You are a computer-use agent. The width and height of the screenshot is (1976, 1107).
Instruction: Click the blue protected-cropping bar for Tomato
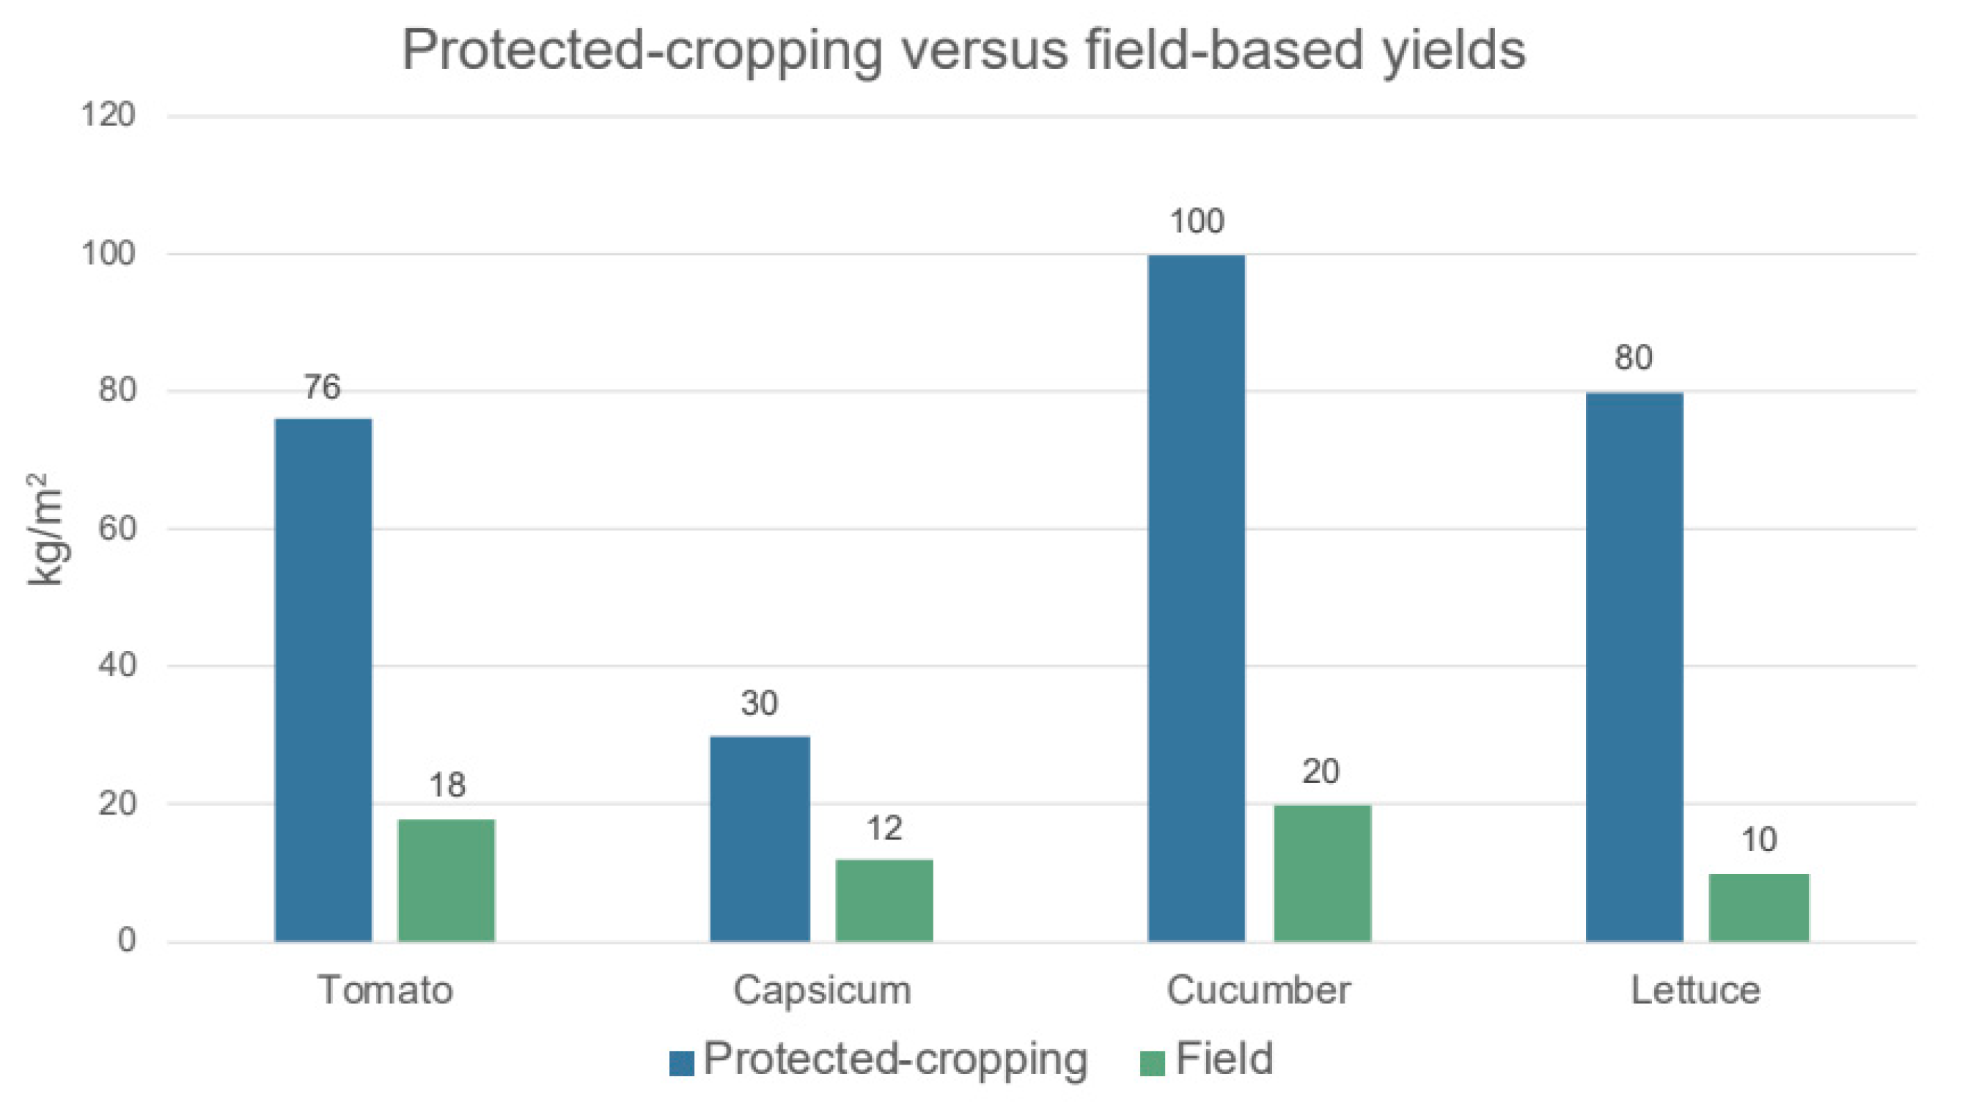coord(323,680)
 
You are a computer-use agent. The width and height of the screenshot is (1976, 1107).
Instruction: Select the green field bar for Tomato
coord(447,880)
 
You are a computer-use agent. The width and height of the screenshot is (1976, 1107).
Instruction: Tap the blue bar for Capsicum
coord(760,839)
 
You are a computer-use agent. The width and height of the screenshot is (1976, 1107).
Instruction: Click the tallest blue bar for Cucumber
coord(1196,597)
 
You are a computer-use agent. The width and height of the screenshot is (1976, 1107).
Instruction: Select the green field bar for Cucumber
coord(1322,873)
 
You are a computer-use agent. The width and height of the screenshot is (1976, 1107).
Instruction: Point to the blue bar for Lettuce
coord(1634,666)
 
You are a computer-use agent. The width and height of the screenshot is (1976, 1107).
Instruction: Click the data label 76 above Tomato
coord(322,387)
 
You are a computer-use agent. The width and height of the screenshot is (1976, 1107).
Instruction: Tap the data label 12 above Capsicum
coord(884,828)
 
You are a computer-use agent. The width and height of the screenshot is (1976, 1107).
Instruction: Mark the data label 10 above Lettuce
coord(1758,840)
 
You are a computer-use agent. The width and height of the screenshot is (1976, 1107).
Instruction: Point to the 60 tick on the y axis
coord(117,529)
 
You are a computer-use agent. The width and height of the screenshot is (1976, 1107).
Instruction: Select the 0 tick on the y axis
coord(127,941)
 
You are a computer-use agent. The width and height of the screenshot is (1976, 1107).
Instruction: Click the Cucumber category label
coord(1258,990)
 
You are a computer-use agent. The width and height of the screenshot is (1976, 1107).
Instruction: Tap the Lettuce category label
coord(1695,990)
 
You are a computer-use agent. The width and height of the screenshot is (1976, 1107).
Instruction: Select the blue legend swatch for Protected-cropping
coord(681,1063)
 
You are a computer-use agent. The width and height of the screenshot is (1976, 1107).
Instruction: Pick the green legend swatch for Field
coord(1152,1063)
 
